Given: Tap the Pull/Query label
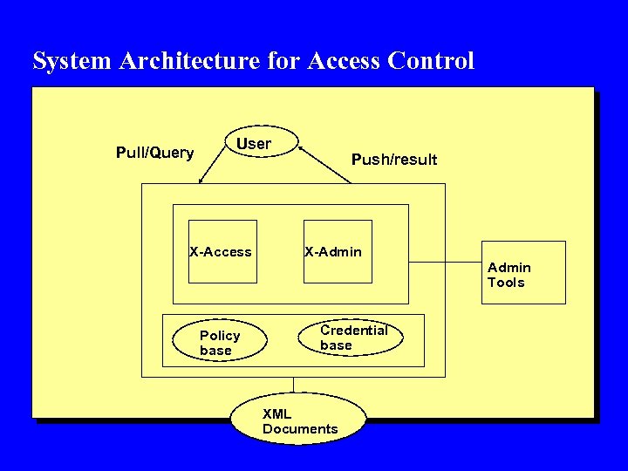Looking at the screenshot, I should [x=154, y=154].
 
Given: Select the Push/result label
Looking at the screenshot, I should [x=393, y=160].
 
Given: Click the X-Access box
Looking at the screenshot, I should [x=223, y=252].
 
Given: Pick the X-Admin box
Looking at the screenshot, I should [x=338, y=252].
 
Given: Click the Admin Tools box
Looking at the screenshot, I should [x=523, y=273].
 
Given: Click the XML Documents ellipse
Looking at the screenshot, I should [x=298, y=421].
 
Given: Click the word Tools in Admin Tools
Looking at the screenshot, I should [x=506, y=283].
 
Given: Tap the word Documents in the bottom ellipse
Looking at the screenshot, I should [x=300, y=429].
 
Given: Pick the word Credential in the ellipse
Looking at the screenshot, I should [x=354, y=331].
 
